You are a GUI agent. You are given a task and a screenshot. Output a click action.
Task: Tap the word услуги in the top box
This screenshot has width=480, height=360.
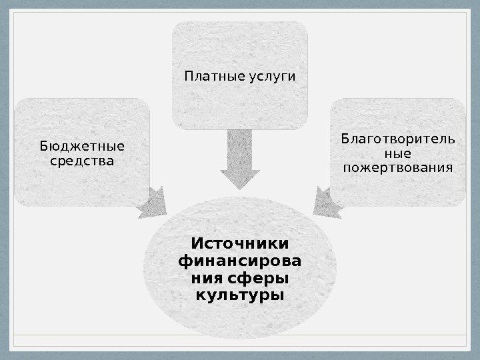[x=271, y=78]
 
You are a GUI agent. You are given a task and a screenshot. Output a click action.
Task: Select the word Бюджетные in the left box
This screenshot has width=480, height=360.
[x=82, y=145]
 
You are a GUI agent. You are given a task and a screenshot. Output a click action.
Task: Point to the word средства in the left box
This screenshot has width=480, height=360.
[x=82, y=161]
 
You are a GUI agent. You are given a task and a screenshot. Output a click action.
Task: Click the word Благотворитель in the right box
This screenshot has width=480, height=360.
[x=398, y=139]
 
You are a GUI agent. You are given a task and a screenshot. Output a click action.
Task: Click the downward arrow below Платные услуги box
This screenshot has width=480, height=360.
[x=240, y=160]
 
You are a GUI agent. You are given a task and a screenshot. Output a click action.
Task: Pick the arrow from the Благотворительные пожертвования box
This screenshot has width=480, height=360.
[x=326, y=203]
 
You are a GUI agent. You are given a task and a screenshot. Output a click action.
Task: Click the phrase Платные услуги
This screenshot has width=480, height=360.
[x=240, y=77]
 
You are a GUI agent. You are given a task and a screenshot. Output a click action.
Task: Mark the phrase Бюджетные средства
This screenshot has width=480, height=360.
[x=82, y=153]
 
